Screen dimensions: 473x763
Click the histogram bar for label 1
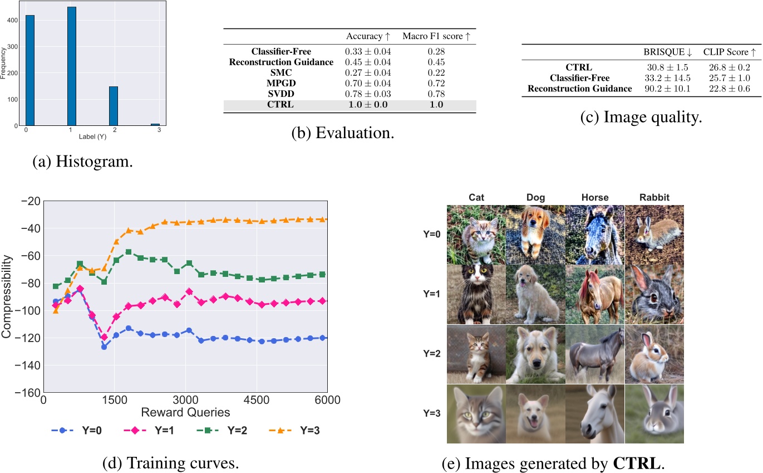(71, 66)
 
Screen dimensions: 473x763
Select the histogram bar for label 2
(113, 106)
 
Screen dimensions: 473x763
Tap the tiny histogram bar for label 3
(155, 124)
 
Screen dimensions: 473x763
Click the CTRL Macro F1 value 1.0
(439, 104)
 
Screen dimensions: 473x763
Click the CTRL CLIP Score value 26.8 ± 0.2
(730, 67)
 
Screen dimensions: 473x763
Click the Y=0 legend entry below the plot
(72, 430)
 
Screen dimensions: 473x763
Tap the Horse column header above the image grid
(595, 197)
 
